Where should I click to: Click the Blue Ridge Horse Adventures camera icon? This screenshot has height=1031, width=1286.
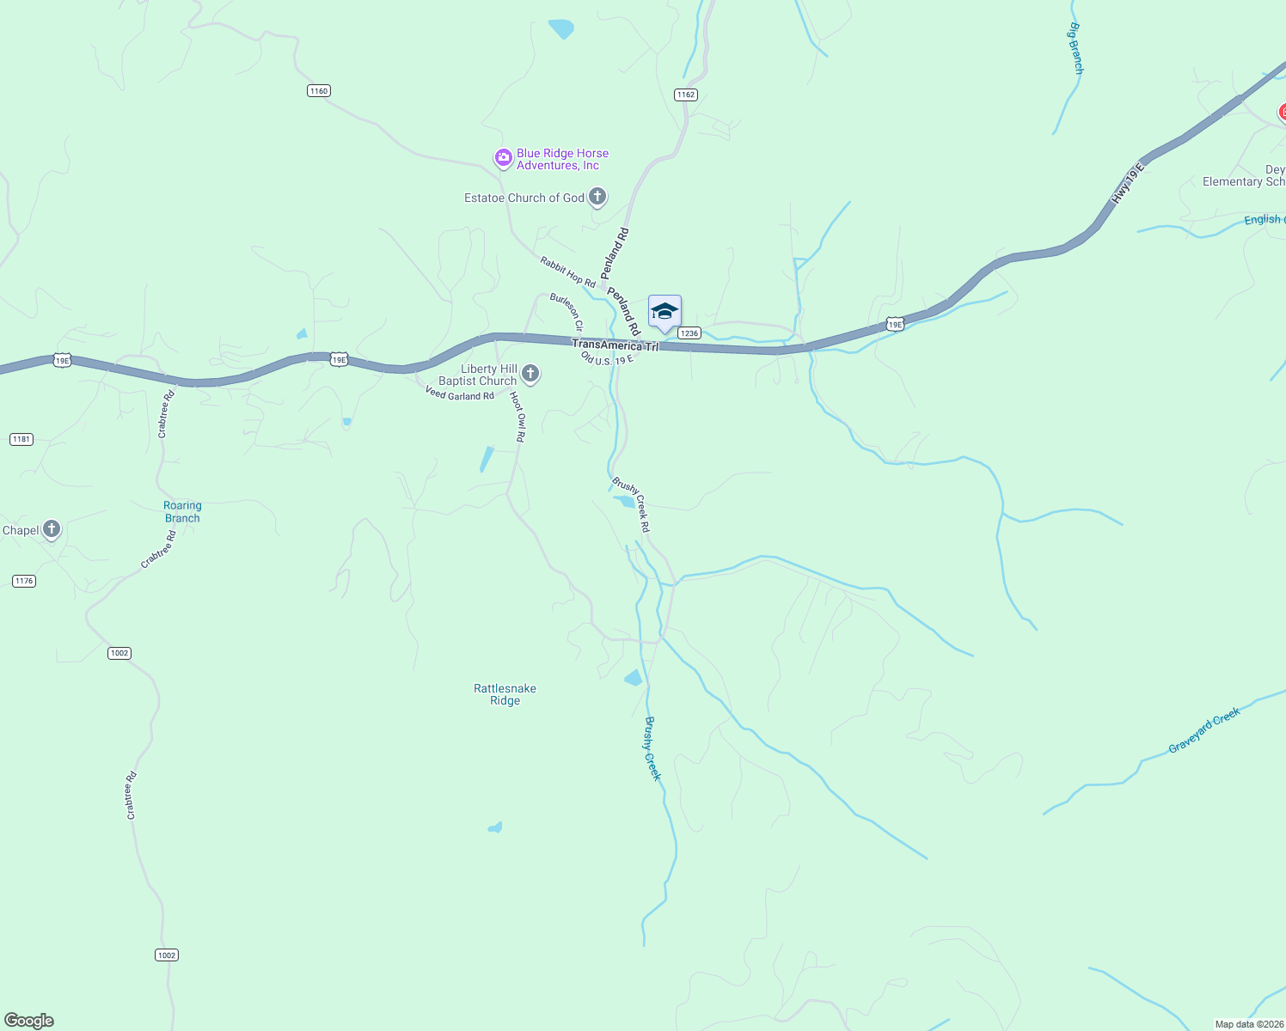click(503, 158)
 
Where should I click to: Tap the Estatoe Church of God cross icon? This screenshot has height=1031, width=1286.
click(597, 197)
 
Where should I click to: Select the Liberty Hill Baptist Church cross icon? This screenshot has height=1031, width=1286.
click(531, 373)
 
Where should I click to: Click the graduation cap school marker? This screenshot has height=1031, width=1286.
click(664, 312)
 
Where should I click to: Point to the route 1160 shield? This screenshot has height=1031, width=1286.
click(319, 91)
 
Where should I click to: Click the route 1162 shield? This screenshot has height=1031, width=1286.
click(685, 95)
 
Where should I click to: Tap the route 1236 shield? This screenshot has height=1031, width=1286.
click(689, 333)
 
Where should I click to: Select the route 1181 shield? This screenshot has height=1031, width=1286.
click(21, 439)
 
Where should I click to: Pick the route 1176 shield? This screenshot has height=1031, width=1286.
click(24, 581)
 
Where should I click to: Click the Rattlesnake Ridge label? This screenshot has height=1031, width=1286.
click(505, 694)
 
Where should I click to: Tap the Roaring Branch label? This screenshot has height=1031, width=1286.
click(182, 512)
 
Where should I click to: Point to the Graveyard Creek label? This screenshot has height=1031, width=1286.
click(1203, 730)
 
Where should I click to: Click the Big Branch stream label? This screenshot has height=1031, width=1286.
click(1075, 49)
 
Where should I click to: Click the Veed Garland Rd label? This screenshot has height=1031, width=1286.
click(459, 393)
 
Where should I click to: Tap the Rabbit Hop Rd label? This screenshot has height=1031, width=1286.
click(567, 271)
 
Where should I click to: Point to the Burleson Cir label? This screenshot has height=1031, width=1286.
click(567, 312)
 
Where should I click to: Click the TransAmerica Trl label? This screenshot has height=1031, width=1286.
click(615, 345)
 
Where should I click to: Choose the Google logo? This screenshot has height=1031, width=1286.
click(29, 1021)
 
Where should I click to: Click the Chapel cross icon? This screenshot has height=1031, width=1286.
click(52, 529)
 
